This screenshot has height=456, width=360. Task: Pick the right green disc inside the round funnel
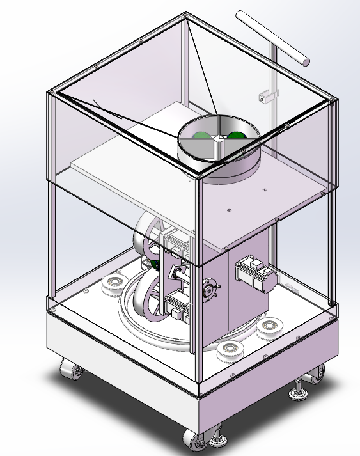coord(236,134)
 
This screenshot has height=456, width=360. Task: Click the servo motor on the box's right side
coord(254,274)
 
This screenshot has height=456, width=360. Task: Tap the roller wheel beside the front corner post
coord(228,350)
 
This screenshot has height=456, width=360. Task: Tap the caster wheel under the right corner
coord(316,376)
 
